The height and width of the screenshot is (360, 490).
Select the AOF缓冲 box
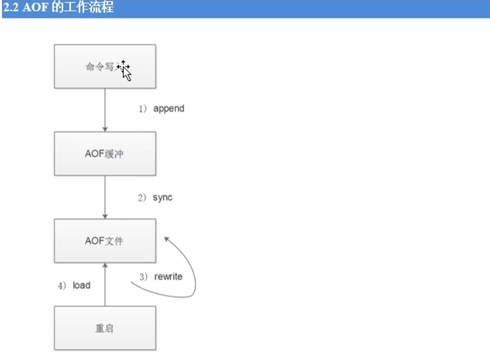(x=104, y=154)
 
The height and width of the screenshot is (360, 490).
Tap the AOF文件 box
(x=104, y=241)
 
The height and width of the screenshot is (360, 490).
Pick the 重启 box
(x=104, y=328)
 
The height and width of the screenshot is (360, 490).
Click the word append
(x=169, y=109)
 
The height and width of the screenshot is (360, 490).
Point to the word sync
(x=163, y=197)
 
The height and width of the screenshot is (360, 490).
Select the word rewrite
(x=168, y=276)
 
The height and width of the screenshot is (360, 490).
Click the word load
(x=82, y=285)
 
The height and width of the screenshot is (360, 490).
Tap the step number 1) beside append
(x=143, y=109)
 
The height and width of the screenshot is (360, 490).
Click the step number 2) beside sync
(x=142, y=197)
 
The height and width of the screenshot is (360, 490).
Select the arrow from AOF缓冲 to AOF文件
(x=104, y=197)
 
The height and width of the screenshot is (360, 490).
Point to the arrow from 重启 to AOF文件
(x=104, y=285)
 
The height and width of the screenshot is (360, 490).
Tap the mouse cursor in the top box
(x=125, y=70)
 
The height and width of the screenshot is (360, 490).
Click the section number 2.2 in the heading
(x=10, y=8)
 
